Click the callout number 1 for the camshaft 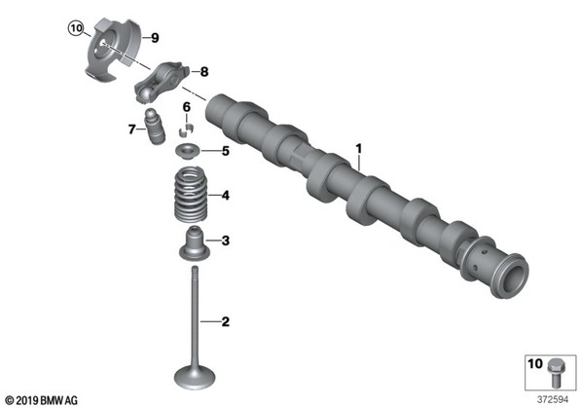tap(358, 149)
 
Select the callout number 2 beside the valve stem tap(225, 321)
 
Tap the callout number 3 tap(225, 241)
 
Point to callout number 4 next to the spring tap(225, 196)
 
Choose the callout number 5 tap(226, 151)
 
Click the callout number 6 tap(186, 107)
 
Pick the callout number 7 tap(131, 130)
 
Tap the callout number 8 tap(204, 72)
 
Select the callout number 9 tap(155, 38)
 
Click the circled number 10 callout tap(76, 28)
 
